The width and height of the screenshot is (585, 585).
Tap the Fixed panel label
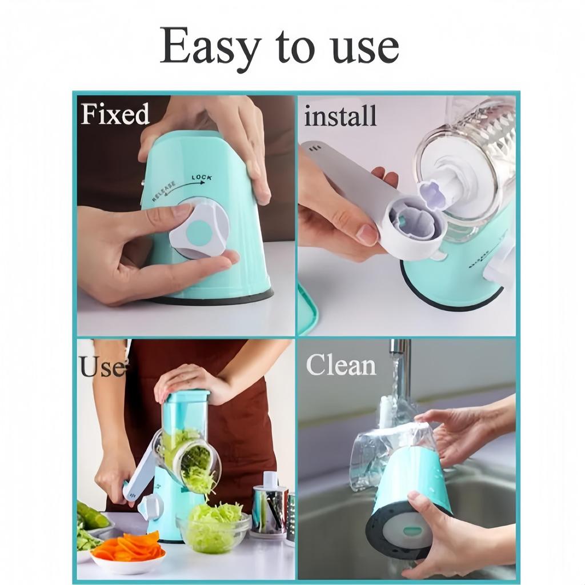(x=115, y=114)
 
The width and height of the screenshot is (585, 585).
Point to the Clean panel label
(x=341, y=365)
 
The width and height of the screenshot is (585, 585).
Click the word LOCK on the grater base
(x=201, y=178)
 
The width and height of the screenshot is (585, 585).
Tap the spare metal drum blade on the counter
(x=269, y=506)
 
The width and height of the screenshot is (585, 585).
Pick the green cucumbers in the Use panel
(x=91, y=517)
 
